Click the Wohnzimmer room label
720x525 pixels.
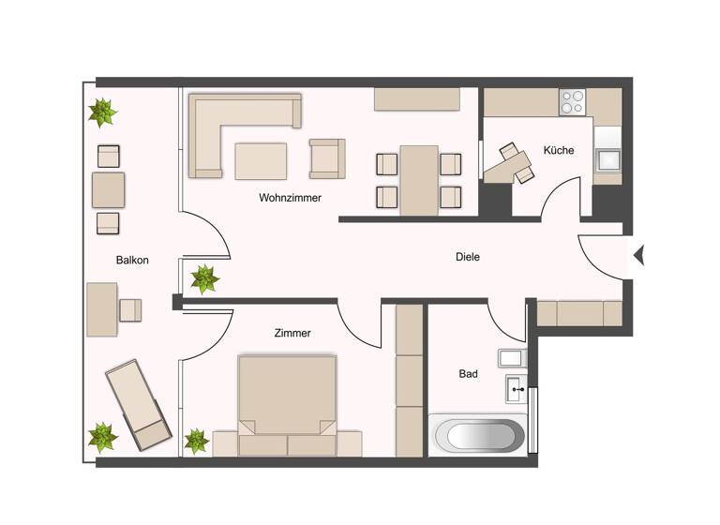coord(291,198)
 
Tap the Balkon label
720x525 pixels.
coord(132,260)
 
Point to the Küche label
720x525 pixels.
coord(559,150)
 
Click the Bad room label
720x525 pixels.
coord(468,373)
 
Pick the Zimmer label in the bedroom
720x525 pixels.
coord(292,333)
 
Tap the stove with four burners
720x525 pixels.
coord(572,101)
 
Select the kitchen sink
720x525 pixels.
coord(607,158)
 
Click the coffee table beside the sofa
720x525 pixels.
coord(261,160)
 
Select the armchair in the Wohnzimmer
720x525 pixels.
coord(327,158)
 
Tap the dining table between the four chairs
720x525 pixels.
coord(418,179)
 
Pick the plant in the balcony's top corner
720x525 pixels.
coord(102,113)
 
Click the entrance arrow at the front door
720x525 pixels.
coord(639,254)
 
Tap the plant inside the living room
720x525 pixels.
coord(203,278)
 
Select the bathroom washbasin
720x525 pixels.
coord(515,386)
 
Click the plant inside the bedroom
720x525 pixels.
coord(197,440)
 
